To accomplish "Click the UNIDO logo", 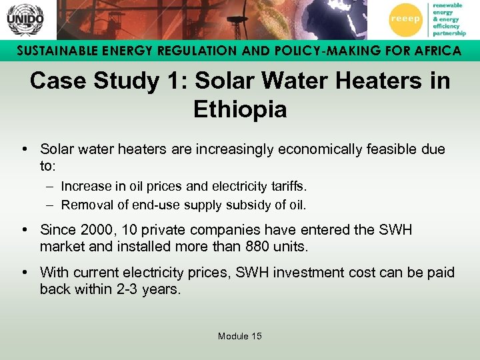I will [25, 19].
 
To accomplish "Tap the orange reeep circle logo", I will [405, 19].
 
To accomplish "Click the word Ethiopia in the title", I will [240, 109].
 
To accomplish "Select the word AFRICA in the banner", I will [434, 51].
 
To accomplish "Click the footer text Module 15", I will [240, 336].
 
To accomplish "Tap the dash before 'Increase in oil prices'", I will [51, 187].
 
